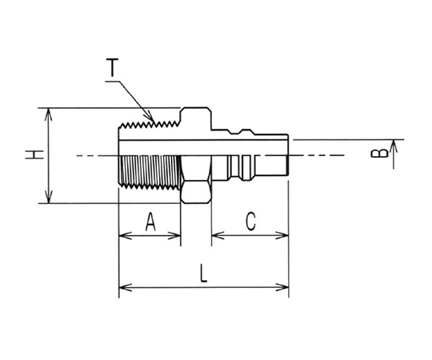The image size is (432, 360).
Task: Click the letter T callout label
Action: click(x=112, y=67)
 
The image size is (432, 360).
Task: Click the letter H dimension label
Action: click(x=34, y=154)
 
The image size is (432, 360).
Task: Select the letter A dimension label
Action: click(x=150, y=222)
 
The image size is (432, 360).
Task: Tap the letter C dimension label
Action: click(x=250, y=222)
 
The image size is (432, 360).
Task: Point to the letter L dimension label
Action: click(x=203, y=274)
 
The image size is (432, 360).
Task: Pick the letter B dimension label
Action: click(x=379, y=154)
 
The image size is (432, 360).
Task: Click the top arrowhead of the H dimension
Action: click(x=49, y=114)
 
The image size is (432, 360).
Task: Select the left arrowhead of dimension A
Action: click(x=125, y=236)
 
